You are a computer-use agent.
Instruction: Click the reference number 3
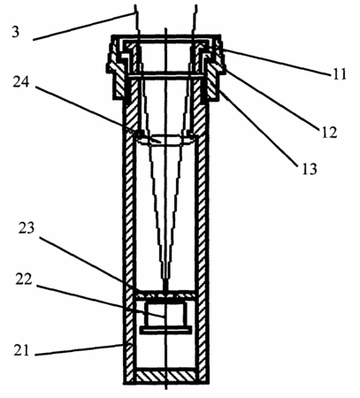click(x=16, y=32)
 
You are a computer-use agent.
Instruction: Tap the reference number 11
click(x=340, y=74)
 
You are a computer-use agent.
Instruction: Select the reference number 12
click(x=329, y=133)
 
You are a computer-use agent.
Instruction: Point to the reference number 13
click(x=310, y=169)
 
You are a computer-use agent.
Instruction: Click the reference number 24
click(x=21, y=81)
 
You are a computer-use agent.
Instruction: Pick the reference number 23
click(x=27, y=228)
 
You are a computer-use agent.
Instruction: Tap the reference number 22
click(x=24, y=279)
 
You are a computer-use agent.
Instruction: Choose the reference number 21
click(x=21, y=350)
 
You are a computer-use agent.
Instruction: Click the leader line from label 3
click(x=84, y=26)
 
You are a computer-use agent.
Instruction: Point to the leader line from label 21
click(x=80, y=349)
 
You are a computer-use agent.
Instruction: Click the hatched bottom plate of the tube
click(x=166, y=376)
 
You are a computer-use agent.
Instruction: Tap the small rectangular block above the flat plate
click(x=165, y=314)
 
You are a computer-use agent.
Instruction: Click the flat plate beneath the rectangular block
click(x=165, y=330)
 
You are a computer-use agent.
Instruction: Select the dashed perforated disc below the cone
click(x=165, y=295)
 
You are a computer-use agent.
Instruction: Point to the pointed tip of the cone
click(x=166, y=287)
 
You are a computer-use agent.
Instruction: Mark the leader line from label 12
click(x=272, y=100)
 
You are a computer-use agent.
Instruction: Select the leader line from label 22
click(x=101, y=302)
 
